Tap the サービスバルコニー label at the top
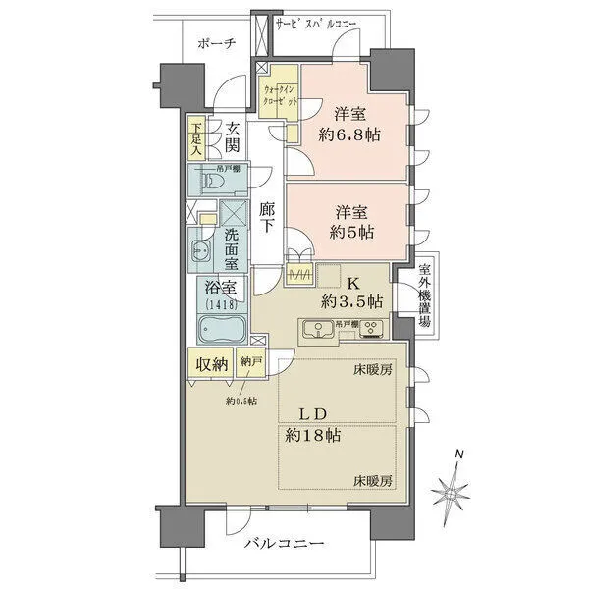[316, 22]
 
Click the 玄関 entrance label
[233, 137]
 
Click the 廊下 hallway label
[267, 216]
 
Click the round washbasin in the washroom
[200, 248]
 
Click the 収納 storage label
[211, 364]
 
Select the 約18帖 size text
[314, 434]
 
